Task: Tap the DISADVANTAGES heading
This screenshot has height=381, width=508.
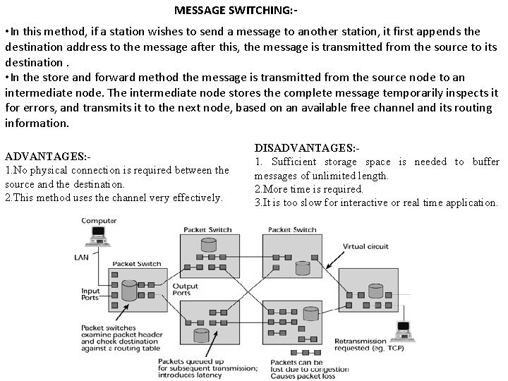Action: pos(307,148)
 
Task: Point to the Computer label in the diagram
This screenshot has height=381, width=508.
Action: pos(99,221)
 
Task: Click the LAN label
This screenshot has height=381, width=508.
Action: pos(82,258)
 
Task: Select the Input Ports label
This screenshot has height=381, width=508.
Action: pos(91,294)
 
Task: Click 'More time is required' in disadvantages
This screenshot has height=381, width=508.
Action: pos(309,189)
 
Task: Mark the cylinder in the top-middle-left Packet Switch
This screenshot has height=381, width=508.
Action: pos(209,245)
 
